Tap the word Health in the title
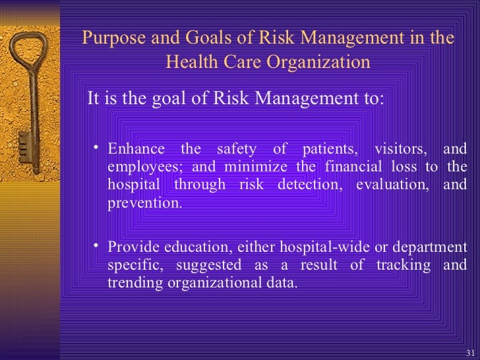189,62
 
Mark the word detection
309,184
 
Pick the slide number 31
469,351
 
